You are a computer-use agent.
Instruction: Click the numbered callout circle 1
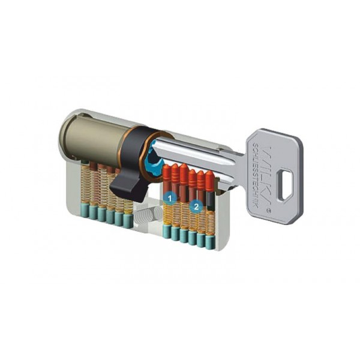(x=170, y=196)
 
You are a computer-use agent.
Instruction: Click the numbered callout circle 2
(x=195, y=206)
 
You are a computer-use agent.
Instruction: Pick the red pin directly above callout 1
(x=167, y=177)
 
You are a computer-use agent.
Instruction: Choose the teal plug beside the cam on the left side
(x=127, y=220)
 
